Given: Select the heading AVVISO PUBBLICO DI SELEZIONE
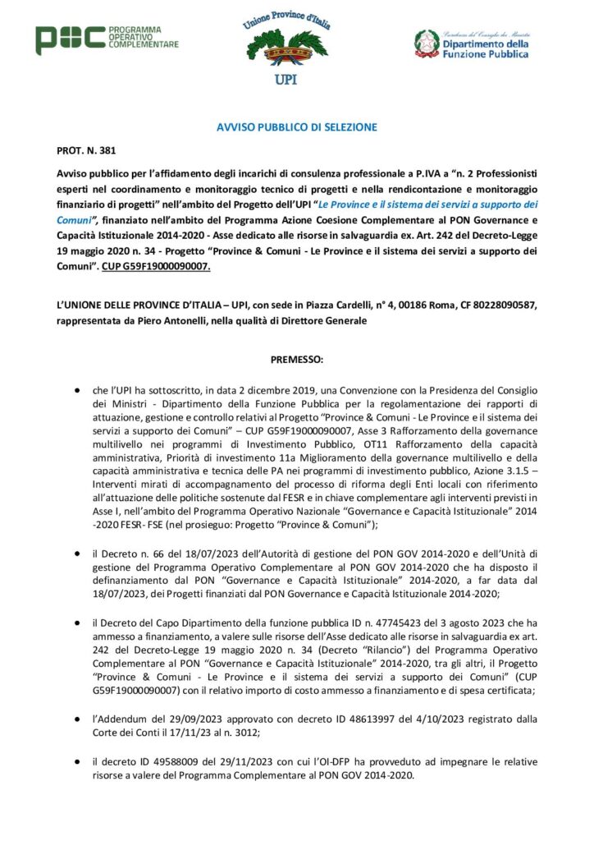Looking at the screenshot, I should (296, 127).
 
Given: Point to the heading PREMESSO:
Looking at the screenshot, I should (296, 360).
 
